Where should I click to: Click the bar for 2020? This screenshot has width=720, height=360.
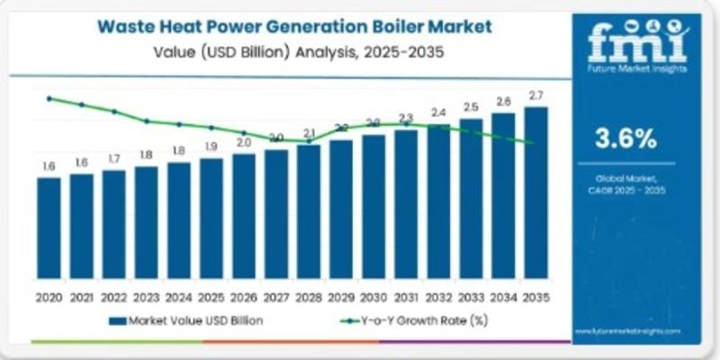click(49, 229)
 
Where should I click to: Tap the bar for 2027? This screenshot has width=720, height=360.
click(276, 216)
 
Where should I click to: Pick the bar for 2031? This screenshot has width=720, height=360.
click(406, 206)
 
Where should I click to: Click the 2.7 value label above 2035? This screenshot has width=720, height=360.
click(535, 95)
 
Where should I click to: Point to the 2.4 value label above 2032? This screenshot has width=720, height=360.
click(438, 112)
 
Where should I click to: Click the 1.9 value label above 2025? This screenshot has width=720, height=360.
click(211, 146)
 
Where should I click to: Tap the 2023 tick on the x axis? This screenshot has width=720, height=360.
click(146, 296)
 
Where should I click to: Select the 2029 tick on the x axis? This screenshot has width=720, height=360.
click(341, 296)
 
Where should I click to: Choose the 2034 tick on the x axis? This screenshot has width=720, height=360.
click(503, 296)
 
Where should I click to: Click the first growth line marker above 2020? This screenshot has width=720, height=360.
click(49, 98)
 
